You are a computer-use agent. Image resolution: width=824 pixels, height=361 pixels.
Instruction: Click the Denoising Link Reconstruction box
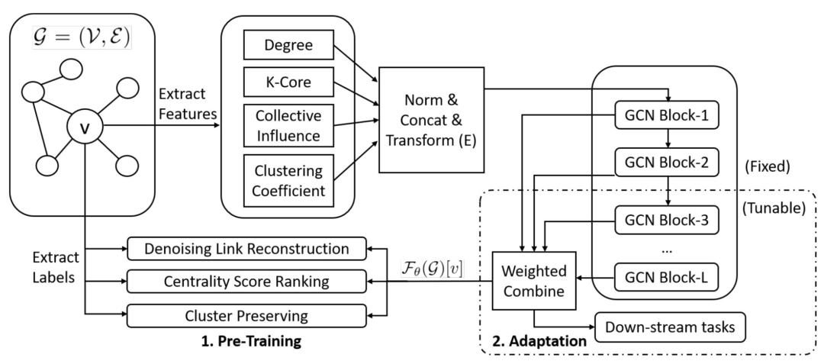pos(246,249)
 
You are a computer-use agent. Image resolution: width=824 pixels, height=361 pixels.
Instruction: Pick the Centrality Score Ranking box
pos(246,282)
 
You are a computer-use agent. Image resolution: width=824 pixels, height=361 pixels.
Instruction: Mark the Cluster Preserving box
pos(246,314)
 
